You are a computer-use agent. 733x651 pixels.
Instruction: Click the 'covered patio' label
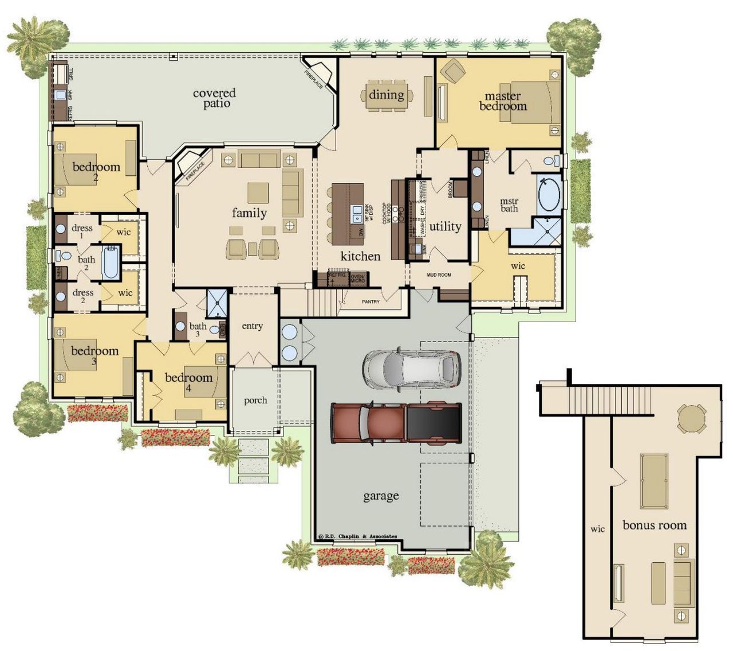coord(214,98)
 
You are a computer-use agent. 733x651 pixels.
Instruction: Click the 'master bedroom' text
coord(503,101)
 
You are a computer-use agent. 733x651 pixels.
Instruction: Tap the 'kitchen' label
coord(360,256)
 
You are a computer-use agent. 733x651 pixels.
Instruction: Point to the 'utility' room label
coord(445,226)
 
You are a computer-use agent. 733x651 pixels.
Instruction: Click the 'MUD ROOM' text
coord(439,275)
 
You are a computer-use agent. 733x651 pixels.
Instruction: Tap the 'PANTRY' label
coord(371,301)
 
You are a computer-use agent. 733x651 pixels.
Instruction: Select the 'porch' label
coord(255,400)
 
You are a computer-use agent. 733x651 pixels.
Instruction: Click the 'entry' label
coord(252,326)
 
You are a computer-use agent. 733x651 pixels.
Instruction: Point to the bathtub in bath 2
coord(111,263)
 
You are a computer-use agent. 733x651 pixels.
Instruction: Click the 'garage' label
coord(381,496)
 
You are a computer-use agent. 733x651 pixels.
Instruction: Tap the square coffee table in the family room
coord(258,193)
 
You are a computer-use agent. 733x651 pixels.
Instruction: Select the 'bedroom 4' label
coord(188,382)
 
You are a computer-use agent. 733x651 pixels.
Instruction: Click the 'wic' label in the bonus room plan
coord(597,529)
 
